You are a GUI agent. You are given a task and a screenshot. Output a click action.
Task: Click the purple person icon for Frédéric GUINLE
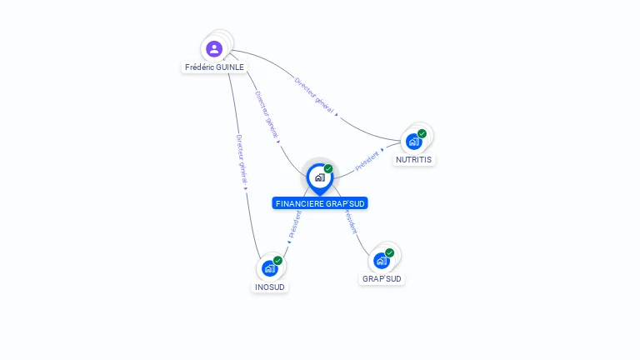[214, 48]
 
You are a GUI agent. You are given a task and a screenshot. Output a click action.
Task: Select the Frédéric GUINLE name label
[214, 67]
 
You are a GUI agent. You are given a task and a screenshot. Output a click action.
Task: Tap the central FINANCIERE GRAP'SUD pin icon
[319, 177]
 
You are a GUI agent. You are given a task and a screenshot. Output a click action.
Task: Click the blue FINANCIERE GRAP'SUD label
[320, 203]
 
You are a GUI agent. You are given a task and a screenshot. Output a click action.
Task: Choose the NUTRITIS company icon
[413, 141]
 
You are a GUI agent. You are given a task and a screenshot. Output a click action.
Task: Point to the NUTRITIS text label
[414, 159]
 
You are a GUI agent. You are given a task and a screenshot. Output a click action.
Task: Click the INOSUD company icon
[269, 268]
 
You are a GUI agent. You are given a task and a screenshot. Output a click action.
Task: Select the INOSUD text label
[270, 287]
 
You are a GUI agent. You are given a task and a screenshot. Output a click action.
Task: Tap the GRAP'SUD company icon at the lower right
[382, 260]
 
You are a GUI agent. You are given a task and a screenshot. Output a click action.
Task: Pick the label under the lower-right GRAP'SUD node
[382, 278]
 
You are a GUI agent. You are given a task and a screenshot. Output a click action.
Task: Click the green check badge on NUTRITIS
[422, 133]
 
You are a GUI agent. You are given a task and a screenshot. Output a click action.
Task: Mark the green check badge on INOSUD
[278, 260]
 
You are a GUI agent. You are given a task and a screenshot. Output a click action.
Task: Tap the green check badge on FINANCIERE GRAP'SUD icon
[328, 169]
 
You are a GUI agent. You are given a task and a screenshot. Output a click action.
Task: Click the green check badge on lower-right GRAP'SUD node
[390, 252]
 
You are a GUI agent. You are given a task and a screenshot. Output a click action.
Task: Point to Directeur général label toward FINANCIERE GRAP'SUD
[267, 116]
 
